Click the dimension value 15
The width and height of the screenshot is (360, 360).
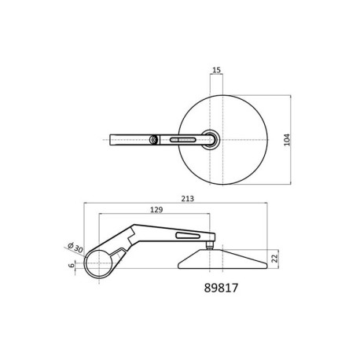point(216,70)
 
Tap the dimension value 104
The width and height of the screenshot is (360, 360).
point(288,140)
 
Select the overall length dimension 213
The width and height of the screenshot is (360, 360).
point(188,199)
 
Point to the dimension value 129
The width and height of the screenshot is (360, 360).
point(156,210)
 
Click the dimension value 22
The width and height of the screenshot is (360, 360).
point(274,259)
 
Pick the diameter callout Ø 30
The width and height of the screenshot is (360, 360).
point(75,247)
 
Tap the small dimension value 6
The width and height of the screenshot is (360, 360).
point(71,266)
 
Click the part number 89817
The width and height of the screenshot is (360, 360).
point(221,288)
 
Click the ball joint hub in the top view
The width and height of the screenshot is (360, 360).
point(211,140)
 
